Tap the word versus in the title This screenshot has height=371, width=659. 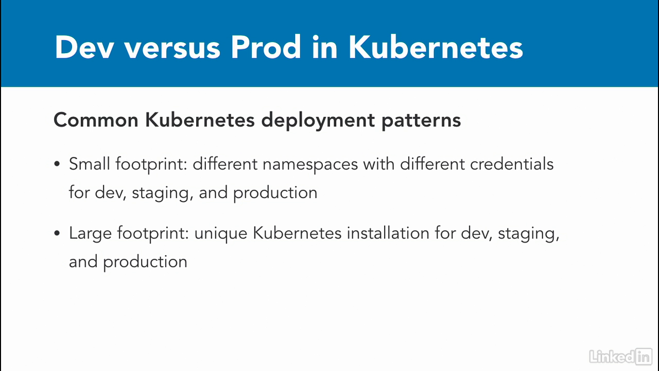tap(172, 48)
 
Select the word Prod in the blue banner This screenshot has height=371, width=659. tap(266, 47)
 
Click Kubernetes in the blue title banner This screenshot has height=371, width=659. tap(436, 47)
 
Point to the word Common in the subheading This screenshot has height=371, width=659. tap(96, 120)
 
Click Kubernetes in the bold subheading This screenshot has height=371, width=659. tap(200, 120)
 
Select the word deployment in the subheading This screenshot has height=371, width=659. tap(318, 121)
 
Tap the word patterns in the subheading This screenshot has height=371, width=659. tap(421, 121)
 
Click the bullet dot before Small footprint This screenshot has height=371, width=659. tap(57, 164)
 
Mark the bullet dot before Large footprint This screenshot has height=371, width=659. tap(57, 233)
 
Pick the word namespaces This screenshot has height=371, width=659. tap(310, 165)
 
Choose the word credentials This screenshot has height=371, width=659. tap(512, 164)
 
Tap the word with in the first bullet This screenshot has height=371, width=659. tap(378, 164)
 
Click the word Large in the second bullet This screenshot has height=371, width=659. tap(90, 234)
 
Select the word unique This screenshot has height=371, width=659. tap(221, 234)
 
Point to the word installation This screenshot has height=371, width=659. tap(388, 233)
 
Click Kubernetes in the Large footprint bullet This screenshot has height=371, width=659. tap(297, 233)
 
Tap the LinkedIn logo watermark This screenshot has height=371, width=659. tap(621, 357)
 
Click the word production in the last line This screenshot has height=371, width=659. tap(145, 263)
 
